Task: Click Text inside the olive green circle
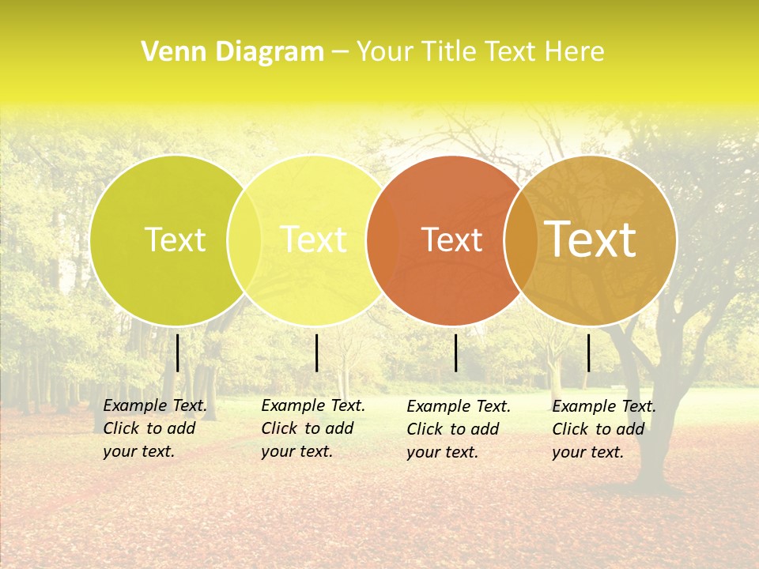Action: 175,239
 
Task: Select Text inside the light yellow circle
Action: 313,239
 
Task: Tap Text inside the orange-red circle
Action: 451,239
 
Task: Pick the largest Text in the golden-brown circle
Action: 590,239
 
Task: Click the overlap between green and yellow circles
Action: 244,239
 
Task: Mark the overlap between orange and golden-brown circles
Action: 521,239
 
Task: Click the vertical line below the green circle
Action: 178,352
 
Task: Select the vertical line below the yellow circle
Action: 316,352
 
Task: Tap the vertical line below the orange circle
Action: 456,352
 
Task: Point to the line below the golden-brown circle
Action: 589,352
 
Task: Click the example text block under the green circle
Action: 155,428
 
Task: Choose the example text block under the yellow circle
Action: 313,428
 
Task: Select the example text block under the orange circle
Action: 459,429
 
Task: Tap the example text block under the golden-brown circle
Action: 604,429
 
